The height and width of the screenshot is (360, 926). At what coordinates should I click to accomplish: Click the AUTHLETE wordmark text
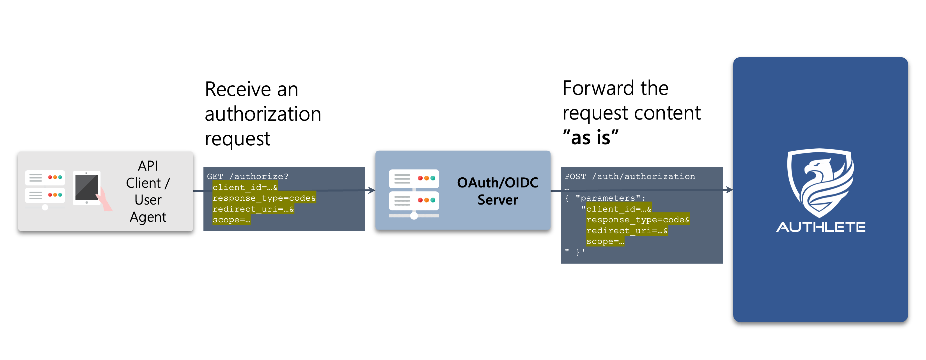click(x=821, y=227)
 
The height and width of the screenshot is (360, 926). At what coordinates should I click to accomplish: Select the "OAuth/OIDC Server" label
click(x=498, y=191)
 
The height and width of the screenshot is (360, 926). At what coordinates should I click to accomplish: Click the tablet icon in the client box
click(x=87, y=188)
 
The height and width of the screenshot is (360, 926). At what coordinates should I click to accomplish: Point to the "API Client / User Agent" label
click(x=148, y=191)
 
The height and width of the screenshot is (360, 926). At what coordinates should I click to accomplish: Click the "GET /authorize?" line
click(x=247, y=176)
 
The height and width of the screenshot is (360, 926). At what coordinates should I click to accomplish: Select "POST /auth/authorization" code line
click(x=629, y=176)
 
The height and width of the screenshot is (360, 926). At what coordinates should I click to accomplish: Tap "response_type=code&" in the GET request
click(x=264, y=198)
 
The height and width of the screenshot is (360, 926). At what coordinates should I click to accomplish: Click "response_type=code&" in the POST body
click(x=638, y=219)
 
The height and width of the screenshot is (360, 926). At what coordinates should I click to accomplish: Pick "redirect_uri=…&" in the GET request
click(x=253, y=209)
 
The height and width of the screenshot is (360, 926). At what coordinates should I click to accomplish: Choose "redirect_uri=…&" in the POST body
click(x=627, y=230)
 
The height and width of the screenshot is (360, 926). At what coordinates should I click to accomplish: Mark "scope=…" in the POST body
click(x=605, y=241)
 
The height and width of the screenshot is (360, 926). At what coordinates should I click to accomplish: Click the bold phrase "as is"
click(x=591, y=137)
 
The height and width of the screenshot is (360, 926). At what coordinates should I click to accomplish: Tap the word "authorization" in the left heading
click(x=263, y=114)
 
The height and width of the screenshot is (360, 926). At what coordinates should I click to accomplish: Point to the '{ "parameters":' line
click(x=605, y=198)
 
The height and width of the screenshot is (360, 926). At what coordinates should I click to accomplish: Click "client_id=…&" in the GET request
click(x=245, y=187)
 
